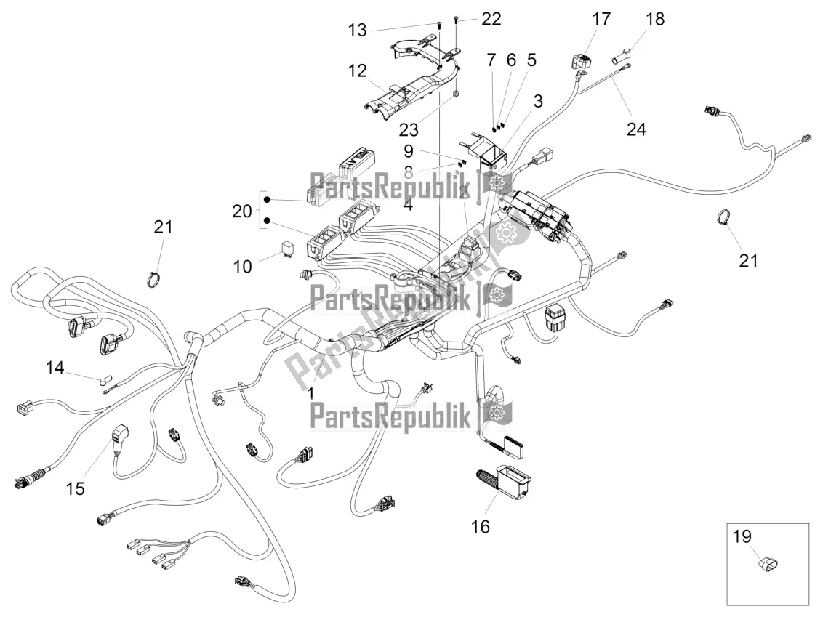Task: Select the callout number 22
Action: (491, 19)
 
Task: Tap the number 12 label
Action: (357, 72)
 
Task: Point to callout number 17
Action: (601, 19)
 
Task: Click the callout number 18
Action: (655, 19)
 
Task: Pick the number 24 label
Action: (637, 129)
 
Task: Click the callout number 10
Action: (242, 266)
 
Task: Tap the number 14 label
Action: (55, 368)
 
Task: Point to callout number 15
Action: (75, 488)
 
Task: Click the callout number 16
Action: (481, 526)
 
